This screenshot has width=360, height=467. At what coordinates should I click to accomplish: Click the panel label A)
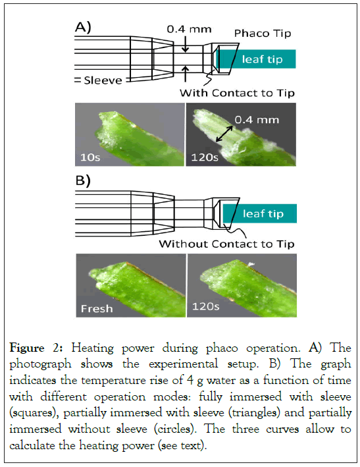click(x=83, y=28)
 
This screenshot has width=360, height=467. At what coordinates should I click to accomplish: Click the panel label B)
click(x=83, y=180)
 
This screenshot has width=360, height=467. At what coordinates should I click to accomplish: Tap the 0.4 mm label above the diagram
click(x=189, y=29)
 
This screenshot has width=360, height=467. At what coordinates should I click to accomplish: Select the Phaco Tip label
click(x=263, y=34)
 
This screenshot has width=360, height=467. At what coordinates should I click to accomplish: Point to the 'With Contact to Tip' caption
click(x=237, y=93)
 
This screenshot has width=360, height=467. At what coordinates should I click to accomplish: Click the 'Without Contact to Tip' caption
click(x=226, y=244)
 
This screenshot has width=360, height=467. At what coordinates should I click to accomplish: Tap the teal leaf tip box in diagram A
click(x=256, y=59)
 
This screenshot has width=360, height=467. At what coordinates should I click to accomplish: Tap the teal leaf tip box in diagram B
click(x=260, y=213)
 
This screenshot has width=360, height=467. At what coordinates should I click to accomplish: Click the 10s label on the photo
click(x=90, y=157)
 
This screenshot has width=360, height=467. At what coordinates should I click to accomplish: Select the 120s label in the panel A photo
click(x=205, y=157)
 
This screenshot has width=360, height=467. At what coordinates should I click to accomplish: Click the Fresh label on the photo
click(x=97, y=308)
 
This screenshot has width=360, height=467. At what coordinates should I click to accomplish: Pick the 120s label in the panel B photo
click(x=205, y=306)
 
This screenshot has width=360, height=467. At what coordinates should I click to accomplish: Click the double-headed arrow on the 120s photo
click(x=224, y=134)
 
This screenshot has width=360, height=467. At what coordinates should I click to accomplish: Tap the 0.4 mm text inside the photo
click(x=257, y=120)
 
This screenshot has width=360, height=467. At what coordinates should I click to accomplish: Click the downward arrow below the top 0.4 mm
click(x=186, y=44)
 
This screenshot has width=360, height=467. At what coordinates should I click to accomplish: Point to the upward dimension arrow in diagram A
click(x=186, y=74)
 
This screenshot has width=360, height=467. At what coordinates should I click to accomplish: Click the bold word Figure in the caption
click(x=27, y=348)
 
